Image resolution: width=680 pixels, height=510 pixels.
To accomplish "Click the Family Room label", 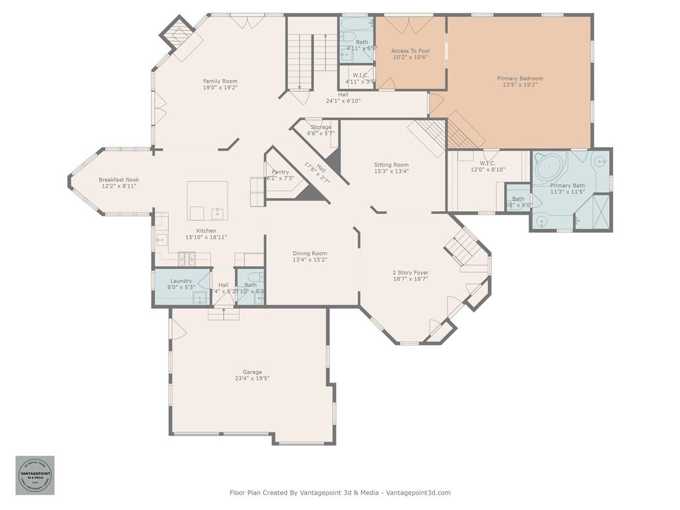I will coord(220,81).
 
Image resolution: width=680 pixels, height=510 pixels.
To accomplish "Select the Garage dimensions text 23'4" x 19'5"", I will coord(252,379).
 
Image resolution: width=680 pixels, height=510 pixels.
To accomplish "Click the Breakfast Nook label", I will coord(119,179).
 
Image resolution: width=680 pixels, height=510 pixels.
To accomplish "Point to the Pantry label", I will coord(280,172).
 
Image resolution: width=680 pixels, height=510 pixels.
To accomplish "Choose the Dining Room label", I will coord(310,253).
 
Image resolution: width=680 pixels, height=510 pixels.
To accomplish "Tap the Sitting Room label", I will coord(391,165).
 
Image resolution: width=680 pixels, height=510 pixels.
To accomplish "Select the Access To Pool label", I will coord(410,50).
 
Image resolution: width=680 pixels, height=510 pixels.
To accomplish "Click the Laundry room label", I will coord(181,281).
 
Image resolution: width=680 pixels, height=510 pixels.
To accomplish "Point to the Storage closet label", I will coord(321,127).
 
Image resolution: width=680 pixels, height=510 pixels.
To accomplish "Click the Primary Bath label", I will coord(568,185).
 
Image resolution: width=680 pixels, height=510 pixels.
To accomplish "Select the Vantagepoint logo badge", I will coord(35,475).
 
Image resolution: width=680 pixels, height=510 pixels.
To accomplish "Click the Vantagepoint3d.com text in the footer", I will coord(418,493).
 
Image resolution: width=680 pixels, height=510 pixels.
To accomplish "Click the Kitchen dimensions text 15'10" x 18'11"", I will coord(206,237).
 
